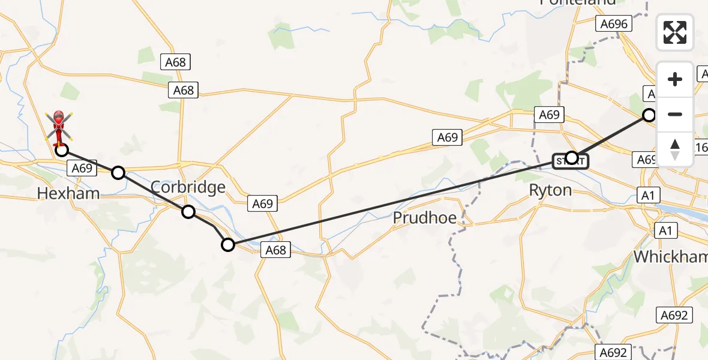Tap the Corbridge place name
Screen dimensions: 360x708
(188, 187)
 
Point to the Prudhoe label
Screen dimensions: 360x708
(425, 218)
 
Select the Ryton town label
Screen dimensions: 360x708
(551, 190)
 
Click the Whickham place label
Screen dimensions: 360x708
(670, 257)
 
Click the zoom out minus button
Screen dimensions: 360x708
(675, 114)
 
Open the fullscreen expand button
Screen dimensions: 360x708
(675, 32)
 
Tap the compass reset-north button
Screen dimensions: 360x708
(675, 149)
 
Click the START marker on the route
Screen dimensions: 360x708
(571, 160)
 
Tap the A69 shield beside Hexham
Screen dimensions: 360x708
(82, 168)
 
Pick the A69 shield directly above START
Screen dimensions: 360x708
(549, 115)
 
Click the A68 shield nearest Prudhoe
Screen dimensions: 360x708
(275, 250)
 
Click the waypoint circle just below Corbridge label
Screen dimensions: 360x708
(188, 211)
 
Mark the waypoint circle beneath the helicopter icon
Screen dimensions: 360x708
(62, 150)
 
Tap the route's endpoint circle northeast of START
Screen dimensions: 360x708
(649, 115)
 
